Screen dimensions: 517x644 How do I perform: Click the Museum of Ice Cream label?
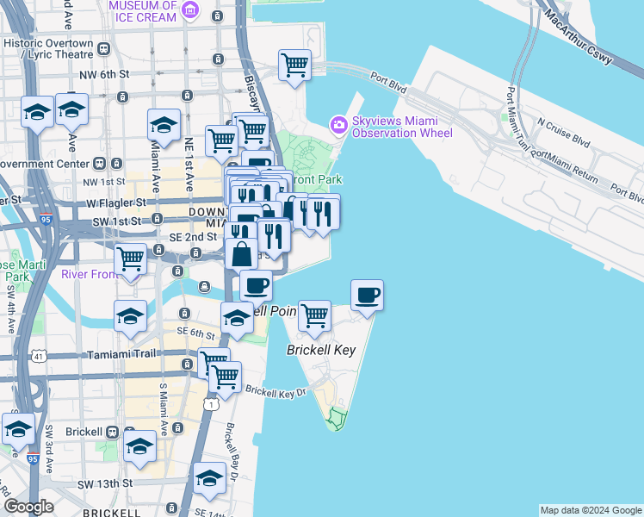[143, 11]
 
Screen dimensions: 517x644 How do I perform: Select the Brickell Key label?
[320, 351]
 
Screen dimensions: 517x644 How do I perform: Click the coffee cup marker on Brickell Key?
[367, 296]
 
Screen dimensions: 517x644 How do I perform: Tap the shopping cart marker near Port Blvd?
[294, 65]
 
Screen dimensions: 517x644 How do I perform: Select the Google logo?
[28, 507]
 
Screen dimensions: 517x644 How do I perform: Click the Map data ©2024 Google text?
[591, 510]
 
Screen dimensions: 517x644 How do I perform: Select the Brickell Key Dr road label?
[276, 391]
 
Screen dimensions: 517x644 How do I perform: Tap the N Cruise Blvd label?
[565, 132]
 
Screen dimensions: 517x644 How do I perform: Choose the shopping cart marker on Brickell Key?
[315, 316]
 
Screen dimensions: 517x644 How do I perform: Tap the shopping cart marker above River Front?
[130, 258]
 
